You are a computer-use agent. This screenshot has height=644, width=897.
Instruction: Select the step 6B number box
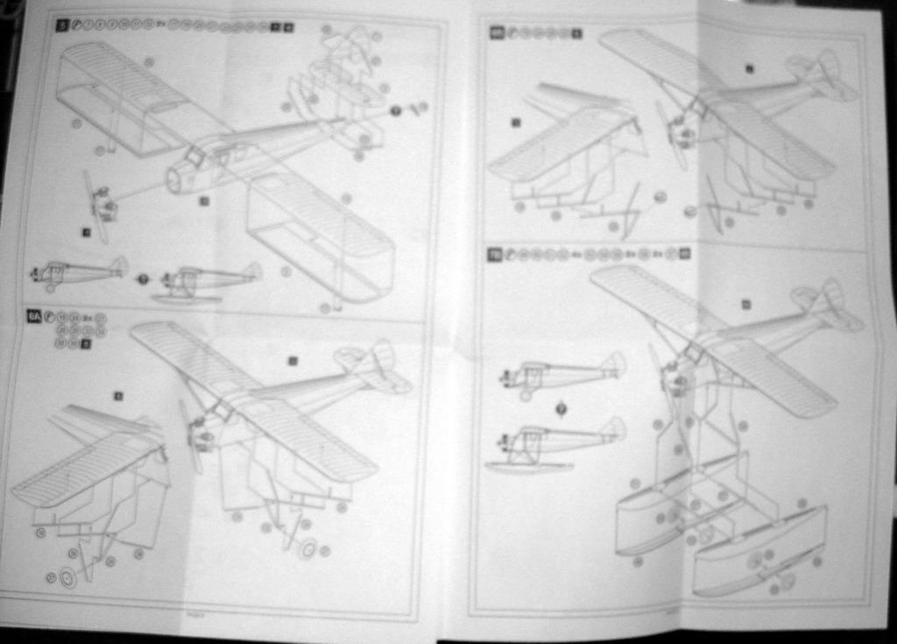click(x=496, y=33)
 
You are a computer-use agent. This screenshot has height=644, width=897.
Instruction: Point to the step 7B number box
click(x=495, y=254)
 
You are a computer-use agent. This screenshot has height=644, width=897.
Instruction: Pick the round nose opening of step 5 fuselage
click(x=173, y=181)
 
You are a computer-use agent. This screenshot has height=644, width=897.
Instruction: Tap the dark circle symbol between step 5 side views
click(x=143, y=279)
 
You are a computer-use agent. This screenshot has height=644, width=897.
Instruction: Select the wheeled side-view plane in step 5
click(x=79, y=272)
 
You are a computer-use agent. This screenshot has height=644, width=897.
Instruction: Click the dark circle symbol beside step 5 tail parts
click(x=395, y=110)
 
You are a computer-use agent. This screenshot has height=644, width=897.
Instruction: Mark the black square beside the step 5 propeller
click(x=86, y=232)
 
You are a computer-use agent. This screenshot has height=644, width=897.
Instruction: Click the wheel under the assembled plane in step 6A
click(x=307, y=549)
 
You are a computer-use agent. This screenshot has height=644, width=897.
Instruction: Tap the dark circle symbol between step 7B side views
click(x=561, y=407)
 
